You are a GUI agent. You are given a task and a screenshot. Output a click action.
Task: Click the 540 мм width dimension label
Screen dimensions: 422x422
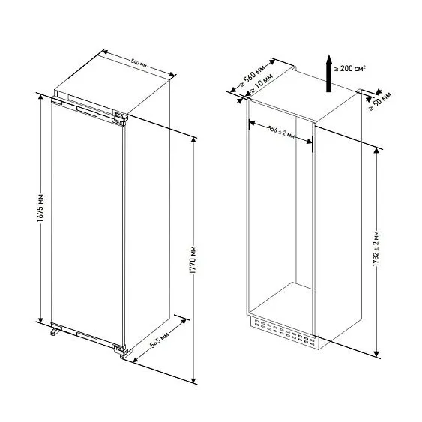tap(139, 63)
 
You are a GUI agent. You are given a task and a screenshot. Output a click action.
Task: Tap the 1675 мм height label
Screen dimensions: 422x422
tap(40, 208)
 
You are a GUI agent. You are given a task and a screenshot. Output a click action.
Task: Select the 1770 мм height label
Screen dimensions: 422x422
tap(193, 259)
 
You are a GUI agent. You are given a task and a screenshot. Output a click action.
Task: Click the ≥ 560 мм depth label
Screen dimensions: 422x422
tap(252, 76)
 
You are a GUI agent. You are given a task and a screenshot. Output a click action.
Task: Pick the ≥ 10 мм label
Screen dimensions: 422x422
tap(262, 84)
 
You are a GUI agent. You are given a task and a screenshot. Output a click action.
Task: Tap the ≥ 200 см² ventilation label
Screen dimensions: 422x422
tap(350, 68)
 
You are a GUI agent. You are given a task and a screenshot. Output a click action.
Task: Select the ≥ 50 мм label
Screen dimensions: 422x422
tap(380, 101)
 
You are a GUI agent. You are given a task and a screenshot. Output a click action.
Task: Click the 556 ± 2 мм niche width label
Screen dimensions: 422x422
tap(281, 133)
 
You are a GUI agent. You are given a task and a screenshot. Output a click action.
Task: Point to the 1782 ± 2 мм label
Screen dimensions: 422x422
tap(376, 248)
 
